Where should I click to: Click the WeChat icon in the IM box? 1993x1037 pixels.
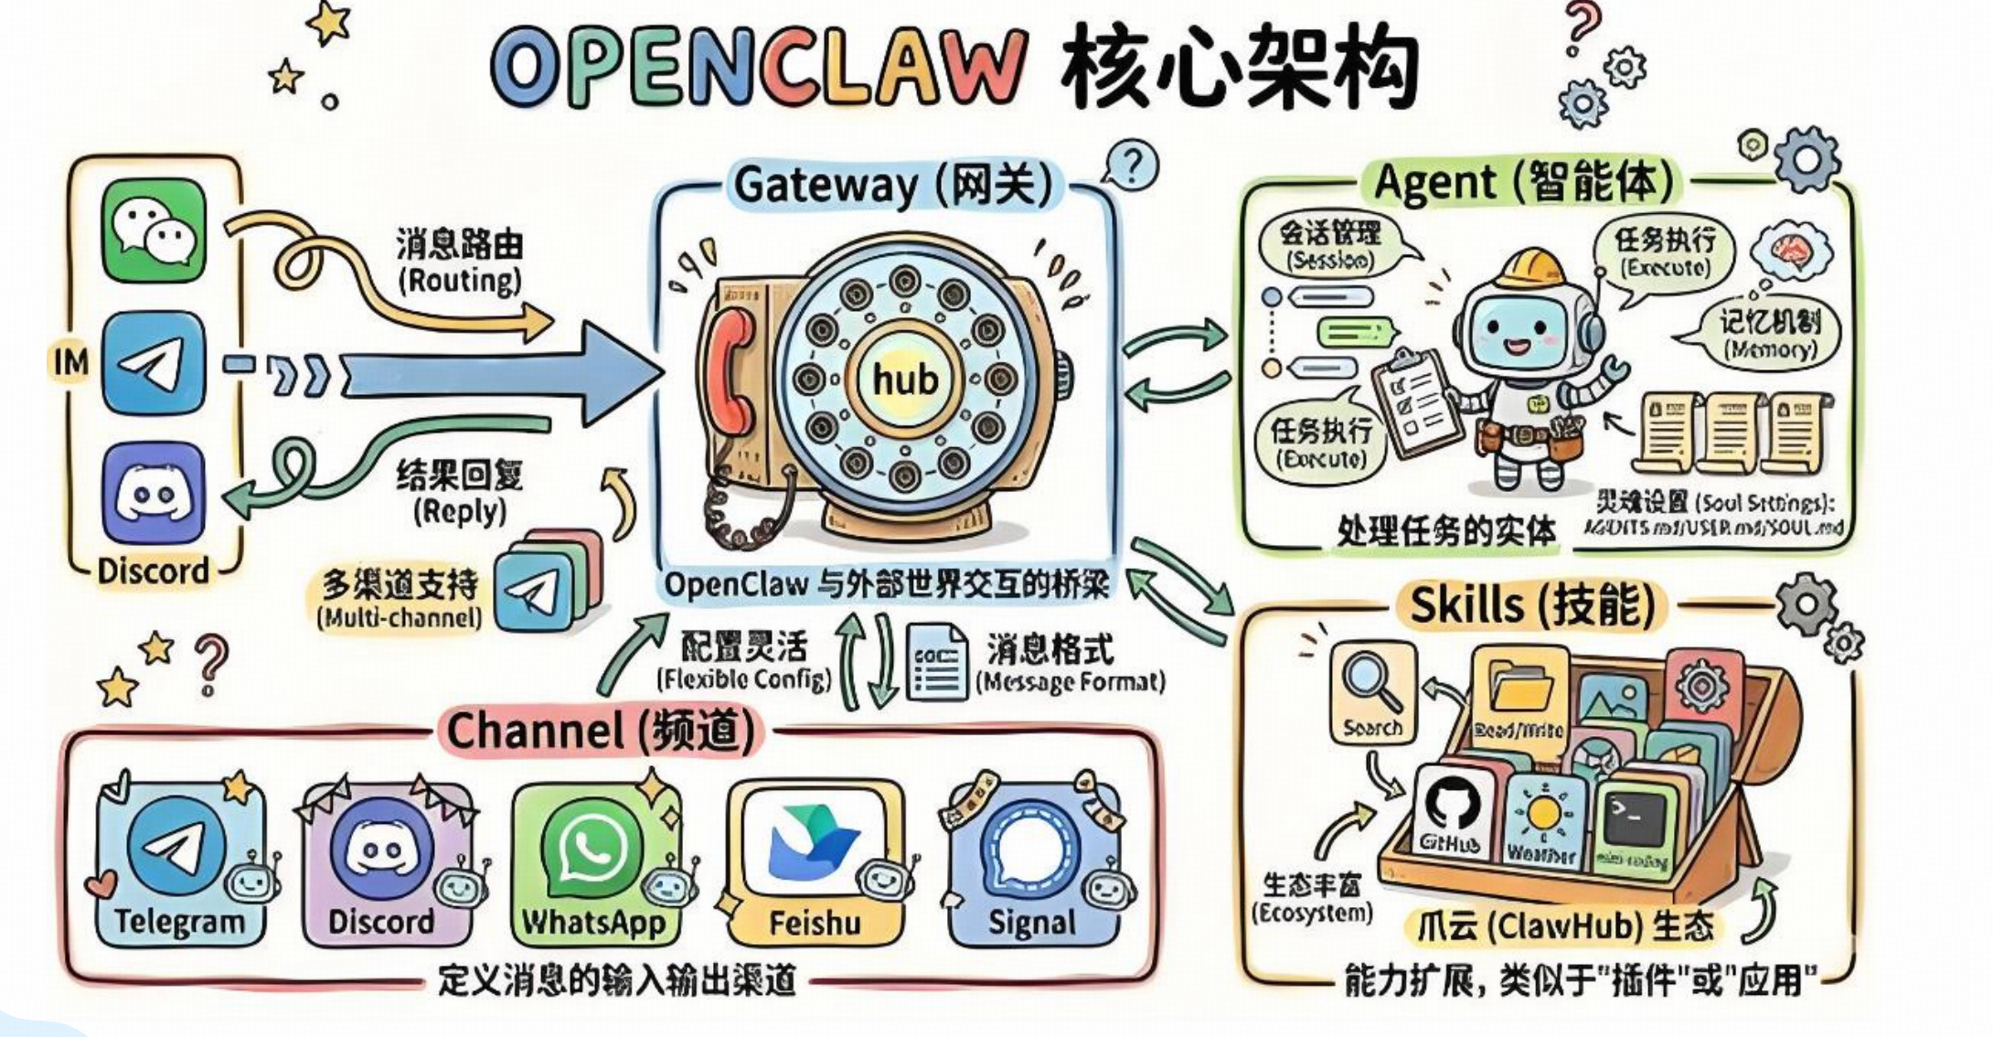pyautogui.click(x=154, y=230)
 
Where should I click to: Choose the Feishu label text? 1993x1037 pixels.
pyautogui.click(x=815, y=923)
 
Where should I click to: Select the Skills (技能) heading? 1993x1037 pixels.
pyautogui.click(x=1531, y=605)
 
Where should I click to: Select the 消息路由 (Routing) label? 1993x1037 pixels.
pyautogui.click(x=459, y=261)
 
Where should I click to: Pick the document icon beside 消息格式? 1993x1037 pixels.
pyautogui.click(x=937, y=662)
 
